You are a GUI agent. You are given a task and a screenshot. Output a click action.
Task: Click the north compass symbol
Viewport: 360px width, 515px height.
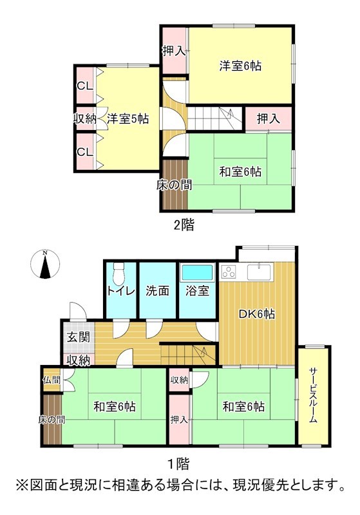click(x=45, y=265)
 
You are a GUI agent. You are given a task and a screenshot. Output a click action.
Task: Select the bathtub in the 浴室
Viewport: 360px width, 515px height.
click(x=197, y=272)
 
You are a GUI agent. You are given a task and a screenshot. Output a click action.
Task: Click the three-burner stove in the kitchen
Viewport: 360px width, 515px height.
click(x=229, y=272)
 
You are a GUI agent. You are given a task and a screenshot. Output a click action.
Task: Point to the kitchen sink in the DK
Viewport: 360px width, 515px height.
click(x=259, y=272)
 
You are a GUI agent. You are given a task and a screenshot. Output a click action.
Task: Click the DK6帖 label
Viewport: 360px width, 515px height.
click(x=256, y=314)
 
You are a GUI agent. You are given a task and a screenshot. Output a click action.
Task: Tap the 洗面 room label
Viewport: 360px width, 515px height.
click(x=157, y=291)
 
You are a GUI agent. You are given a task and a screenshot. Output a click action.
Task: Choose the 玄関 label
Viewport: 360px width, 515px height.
click(x=78, y=337)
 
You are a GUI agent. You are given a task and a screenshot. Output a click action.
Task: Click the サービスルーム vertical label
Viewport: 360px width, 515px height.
click(x=313, y=395)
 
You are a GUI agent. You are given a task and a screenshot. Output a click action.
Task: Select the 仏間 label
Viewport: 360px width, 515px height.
click(x=52, y=380)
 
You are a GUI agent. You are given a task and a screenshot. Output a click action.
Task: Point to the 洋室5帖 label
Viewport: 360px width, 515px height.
click(x=128, y=118)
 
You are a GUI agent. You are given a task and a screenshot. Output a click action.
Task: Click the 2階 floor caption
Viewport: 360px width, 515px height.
click(x=184, y=225)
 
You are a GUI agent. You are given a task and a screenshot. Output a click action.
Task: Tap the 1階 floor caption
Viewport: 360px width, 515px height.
click(x=178, y=464)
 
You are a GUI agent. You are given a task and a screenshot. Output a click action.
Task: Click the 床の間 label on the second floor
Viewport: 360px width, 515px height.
click(x=174, y=185)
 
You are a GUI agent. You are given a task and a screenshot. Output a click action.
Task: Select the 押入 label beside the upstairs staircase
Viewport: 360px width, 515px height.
click(x=269, y=118)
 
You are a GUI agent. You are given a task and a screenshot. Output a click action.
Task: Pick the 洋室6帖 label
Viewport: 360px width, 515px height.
click(x=240, y=66)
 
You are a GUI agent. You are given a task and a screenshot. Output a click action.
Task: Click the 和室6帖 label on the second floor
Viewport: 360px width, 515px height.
click(x=240, y=171)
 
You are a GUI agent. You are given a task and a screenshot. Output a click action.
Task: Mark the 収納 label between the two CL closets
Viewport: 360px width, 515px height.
click(x=85, y=118)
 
